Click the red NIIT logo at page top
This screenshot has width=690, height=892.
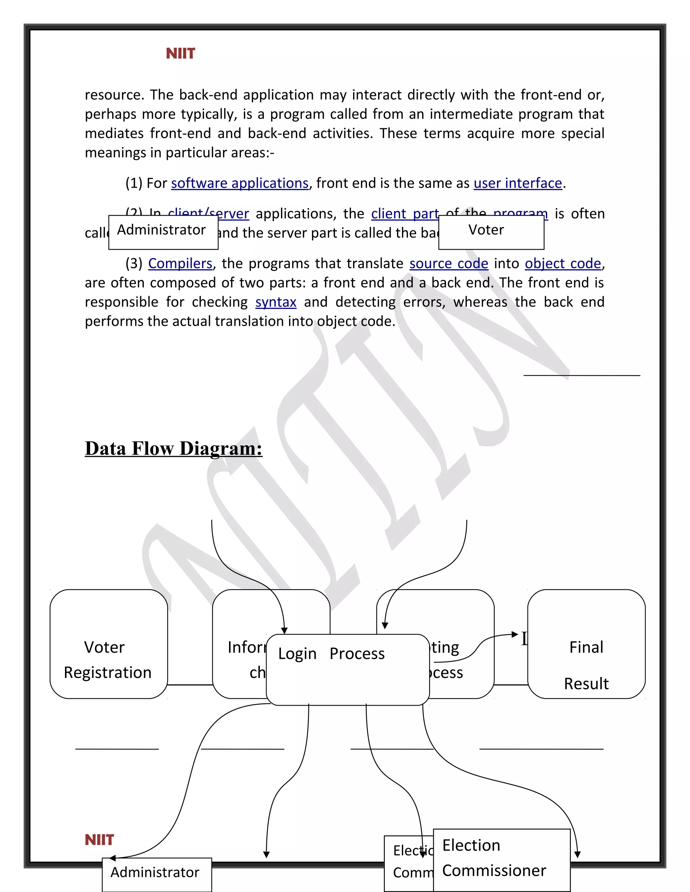click(x=180, y=54)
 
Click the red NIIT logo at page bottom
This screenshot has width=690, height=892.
click(x=99, y=840)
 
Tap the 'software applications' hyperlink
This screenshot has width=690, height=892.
click(x=240, y=183)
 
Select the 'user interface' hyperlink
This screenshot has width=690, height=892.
click(x=517, y=183)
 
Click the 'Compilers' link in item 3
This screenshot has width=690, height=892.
click(x=180, y=264)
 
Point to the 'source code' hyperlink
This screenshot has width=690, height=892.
click(x=448, y=264)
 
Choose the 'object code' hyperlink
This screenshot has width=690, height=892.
click(x=563, y=264)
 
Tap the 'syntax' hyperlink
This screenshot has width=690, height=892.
click(x=276, y=302)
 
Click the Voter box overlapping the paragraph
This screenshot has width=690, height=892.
click(x=491, y=232)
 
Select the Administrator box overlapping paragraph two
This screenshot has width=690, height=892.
click(x=163, y=232)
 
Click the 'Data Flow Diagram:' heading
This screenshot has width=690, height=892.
click(x=173, y=448)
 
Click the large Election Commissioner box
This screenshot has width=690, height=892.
click(x=502, y=860)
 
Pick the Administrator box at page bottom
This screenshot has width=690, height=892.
click(x=157, y=874)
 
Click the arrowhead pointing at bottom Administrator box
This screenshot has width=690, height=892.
click(x=113, y=858)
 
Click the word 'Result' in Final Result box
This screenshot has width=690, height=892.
click(x=586, y=684)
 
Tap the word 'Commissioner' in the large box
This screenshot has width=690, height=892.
click(x=494, y=871)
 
